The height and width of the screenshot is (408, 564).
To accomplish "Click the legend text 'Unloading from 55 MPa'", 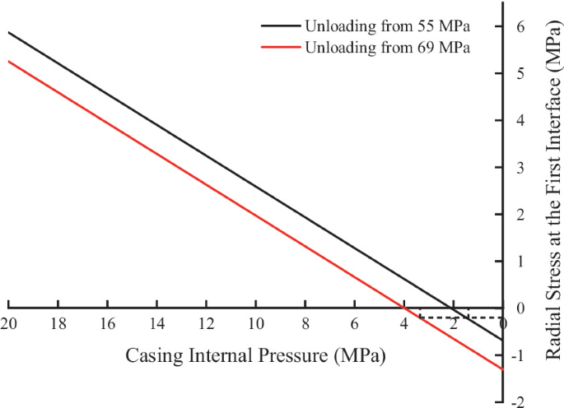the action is (388, 26).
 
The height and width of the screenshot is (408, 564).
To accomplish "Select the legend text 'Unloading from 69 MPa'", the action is (388, 47).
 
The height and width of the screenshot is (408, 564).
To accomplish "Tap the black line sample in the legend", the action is (281, 25).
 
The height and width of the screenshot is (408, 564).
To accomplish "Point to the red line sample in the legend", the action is (281, 47).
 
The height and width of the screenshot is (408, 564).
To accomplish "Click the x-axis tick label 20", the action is (8, 324).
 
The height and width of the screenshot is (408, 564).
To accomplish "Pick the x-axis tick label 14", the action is (156, 324).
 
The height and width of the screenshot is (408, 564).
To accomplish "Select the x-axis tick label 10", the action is (256, 324).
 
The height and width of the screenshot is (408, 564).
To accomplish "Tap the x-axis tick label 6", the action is (355, 324).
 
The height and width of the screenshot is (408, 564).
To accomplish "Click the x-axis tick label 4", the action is (404, 324).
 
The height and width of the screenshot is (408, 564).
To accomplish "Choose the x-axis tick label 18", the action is (58, 324).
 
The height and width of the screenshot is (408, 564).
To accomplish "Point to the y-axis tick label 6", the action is (520, 26).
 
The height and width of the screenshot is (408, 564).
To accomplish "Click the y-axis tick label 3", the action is (520, 168).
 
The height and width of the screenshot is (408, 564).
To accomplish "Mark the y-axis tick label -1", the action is (519, 355).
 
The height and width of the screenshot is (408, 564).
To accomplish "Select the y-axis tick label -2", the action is (519, 402).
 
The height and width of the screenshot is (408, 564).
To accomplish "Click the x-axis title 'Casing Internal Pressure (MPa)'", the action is (255, 355).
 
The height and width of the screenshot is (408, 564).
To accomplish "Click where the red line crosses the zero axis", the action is (404, 308).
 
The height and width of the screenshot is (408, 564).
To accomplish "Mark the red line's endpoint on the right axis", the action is (502, 369).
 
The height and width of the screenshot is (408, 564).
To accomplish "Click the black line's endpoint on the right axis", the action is (502, 340).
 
